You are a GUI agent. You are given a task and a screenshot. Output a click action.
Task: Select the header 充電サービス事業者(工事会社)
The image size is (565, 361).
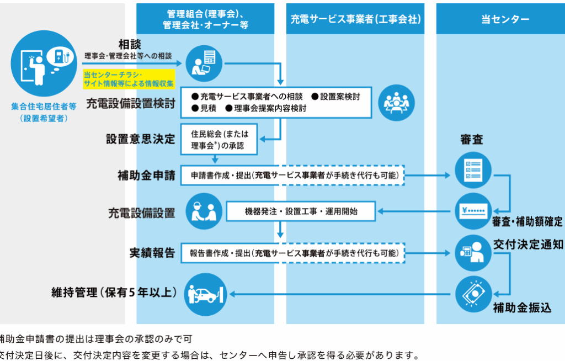click(355, 19)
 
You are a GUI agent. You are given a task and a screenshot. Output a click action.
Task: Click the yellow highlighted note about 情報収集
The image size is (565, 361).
click(129, 79)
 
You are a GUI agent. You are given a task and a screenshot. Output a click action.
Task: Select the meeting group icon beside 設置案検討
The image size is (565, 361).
click(397, 101)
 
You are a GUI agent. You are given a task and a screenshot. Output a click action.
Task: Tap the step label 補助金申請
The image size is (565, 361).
click(146, 176)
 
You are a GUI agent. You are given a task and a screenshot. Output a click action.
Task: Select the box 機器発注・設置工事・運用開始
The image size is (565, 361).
click(301, 211)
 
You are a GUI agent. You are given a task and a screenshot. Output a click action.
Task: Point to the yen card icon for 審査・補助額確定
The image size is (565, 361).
click(473, 211)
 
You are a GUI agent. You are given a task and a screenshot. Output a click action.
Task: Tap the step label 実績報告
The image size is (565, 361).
click(152, 253)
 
